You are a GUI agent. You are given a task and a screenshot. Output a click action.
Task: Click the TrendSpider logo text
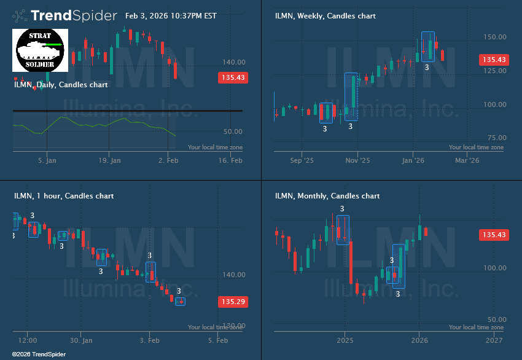pos(73,15)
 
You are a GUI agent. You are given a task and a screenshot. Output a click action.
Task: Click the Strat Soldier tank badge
pos(40,49)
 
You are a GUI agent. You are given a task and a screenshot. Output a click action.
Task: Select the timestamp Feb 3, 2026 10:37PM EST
pos(170,16)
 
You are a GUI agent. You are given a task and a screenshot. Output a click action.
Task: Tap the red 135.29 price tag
pos(233,302)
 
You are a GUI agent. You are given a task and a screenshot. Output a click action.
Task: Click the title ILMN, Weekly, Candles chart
pos(325,16)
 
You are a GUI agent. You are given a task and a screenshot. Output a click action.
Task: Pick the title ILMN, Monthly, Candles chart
pos(327,196)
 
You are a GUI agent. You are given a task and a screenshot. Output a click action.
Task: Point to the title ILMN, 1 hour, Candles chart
pos(64,196)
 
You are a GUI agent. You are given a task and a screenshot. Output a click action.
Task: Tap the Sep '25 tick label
pos(301,160)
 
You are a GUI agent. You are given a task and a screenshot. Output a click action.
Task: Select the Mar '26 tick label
pos(466,160)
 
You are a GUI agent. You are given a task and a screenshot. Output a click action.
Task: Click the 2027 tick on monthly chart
pos(494,340)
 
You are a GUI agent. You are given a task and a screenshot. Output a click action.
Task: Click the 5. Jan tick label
pos(47,160)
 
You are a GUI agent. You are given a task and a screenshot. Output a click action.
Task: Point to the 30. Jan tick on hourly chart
pos(81,340)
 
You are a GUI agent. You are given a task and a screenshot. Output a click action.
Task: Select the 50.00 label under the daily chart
pos(233,131)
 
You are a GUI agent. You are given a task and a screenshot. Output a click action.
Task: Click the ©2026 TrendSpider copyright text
pos(39,354)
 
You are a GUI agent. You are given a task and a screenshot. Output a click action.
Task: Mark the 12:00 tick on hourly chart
pos(27,340)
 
